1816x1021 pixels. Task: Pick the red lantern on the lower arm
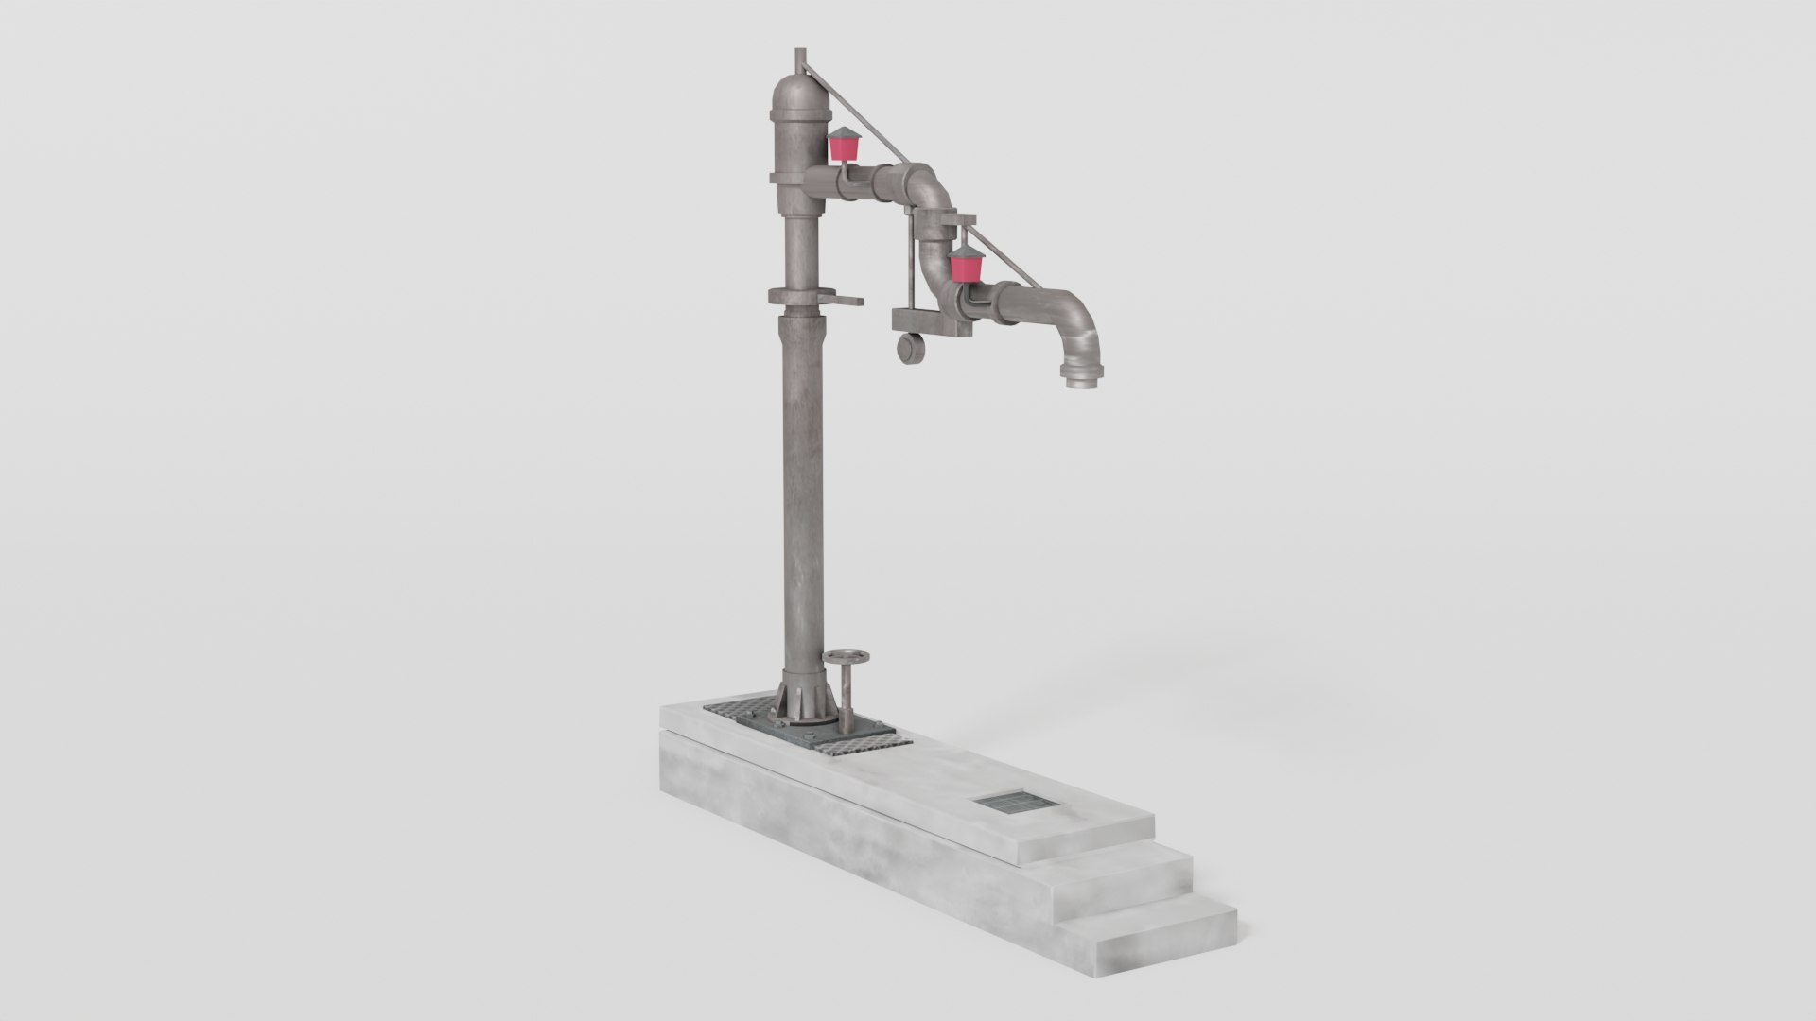966,267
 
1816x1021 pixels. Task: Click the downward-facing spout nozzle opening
1077,381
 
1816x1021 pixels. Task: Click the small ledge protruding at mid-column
185,302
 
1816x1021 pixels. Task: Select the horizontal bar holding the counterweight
932,326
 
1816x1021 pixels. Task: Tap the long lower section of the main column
800,492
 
